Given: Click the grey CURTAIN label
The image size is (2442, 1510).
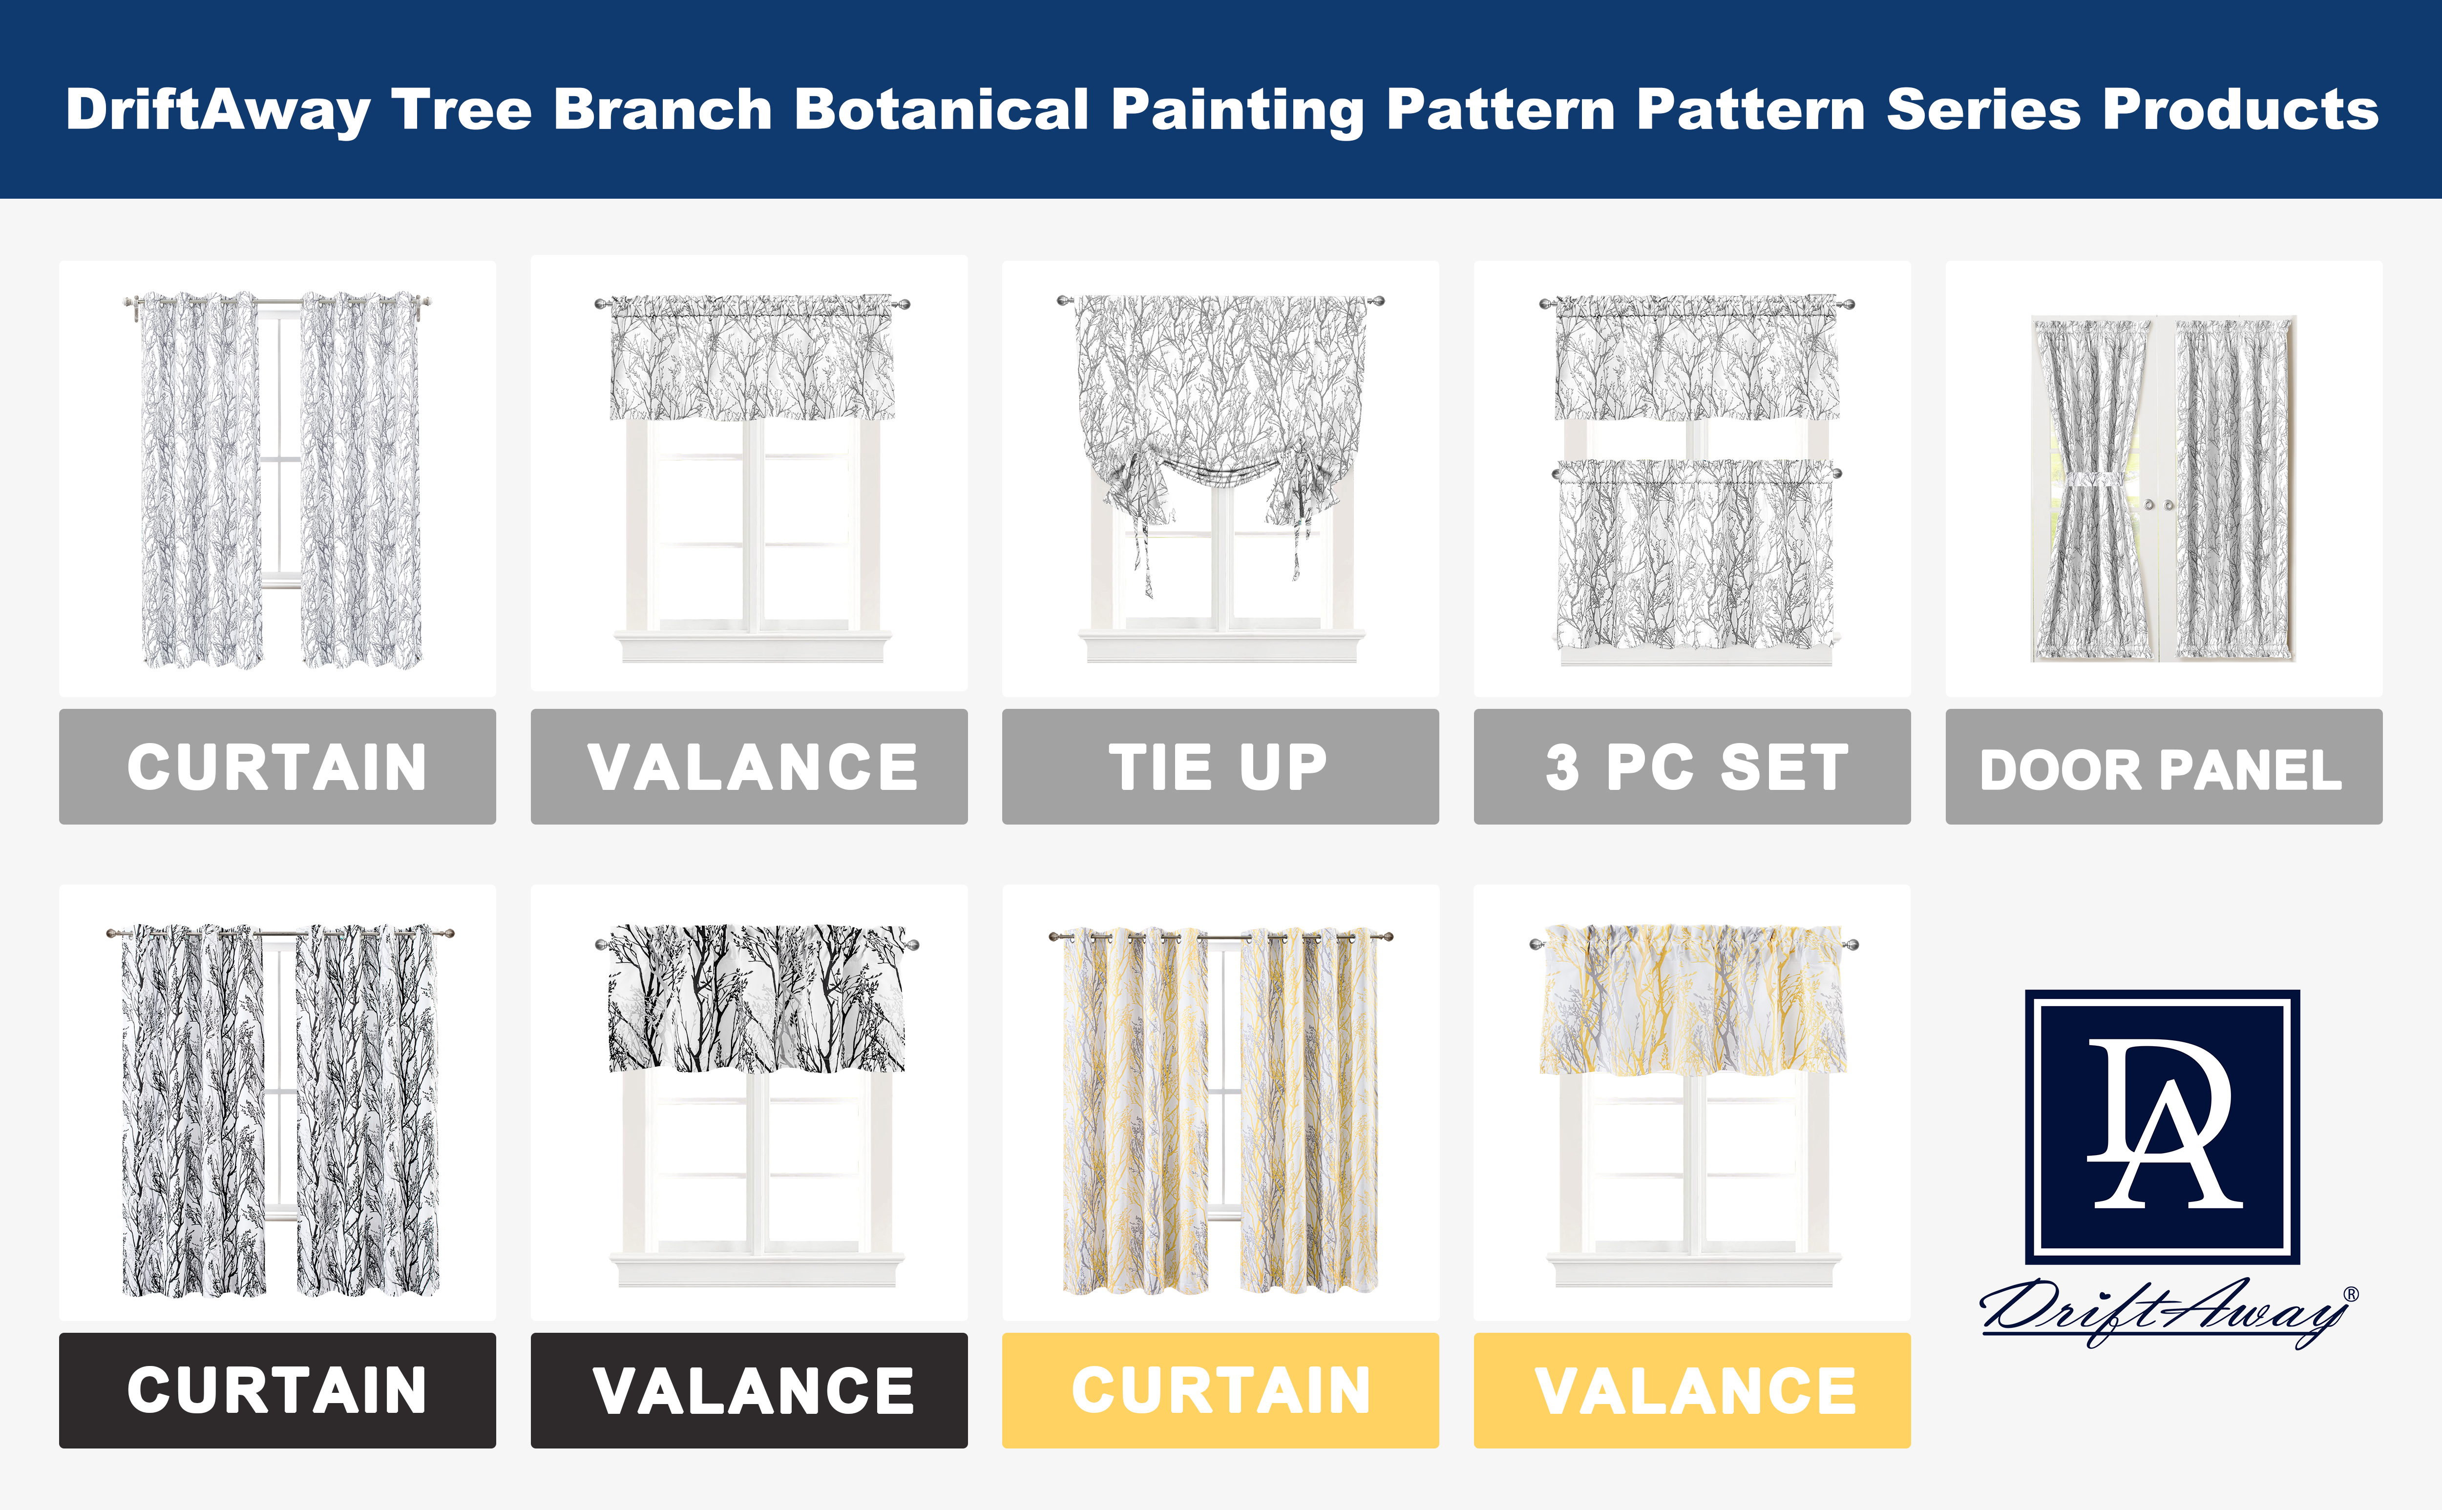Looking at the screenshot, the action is tap(278, 767).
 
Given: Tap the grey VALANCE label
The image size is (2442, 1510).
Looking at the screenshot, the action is tap(749, 767).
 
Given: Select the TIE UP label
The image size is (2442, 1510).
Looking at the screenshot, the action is tap(1221, 767).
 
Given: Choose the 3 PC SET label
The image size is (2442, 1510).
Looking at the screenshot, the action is tap(1692, 767).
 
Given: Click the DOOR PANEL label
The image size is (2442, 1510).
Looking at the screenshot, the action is tap(2163, 767).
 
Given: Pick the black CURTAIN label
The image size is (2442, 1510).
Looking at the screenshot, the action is tap(278, 1390).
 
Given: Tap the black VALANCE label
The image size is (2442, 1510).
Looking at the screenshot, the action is tap(749, 1390).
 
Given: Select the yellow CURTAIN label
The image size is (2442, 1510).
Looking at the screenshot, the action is tap(1221, 1390).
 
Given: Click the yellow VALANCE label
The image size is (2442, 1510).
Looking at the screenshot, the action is tap(1692, 1390).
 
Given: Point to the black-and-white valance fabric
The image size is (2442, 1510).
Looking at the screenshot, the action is tap(756, 999).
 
